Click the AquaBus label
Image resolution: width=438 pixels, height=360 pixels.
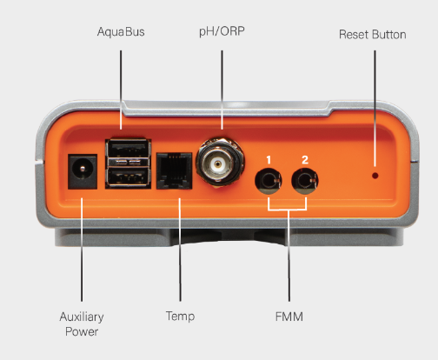tap(121, 32)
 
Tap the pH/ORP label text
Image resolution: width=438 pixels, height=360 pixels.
tap(222, 31)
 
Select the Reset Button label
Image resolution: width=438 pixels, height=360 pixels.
tap(373, 35)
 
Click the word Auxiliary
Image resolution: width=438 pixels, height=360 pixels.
tap(82, 317)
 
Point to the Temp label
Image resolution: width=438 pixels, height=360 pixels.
tap(180, 317)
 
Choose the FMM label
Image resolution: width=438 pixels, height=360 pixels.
tap(289, 317)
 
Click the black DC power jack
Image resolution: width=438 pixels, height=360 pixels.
tap(83, 171)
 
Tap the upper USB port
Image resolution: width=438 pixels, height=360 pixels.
tap(129, 148)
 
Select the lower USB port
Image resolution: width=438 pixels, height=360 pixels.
tap(129, 177)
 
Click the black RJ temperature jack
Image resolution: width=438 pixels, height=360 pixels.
tap(174, 170)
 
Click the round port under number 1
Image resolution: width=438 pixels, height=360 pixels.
tap(269, 181)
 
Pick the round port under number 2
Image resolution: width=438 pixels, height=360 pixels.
tap(305, 181)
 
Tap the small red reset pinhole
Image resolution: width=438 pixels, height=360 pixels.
tap(375, 176)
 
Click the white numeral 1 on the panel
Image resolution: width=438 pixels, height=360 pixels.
tap(269, 160)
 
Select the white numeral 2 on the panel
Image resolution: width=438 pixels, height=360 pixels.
tap(305, 160)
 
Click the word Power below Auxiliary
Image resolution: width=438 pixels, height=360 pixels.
tap(82, 332)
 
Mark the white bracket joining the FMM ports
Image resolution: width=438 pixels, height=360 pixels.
tap(288, 209)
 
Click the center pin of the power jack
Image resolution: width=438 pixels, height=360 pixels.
tap(83, 169)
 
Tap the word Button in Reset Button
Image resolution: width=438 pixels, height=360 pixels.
tap(389, 35)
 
